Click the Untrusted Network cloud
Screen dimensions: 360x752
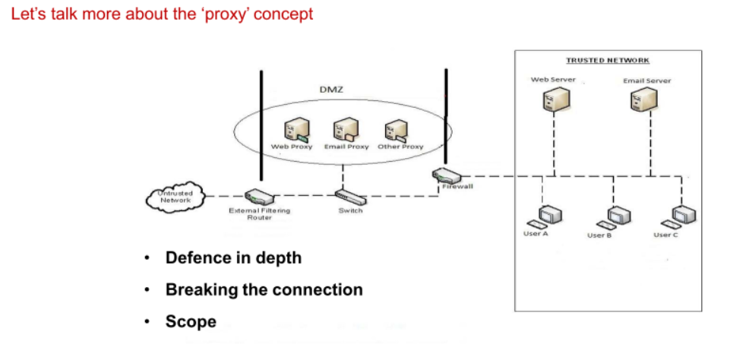(174, 197)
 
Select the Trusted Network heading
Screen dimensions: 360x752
(608, 60)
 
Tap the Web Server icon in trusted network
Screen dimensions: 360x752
(553, 99)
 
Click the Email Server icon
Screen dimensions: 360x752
(646, 99)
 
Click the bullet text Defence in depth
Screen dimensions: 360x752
(233, 258)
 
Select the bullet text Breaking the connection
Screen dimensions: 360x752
(264, 289)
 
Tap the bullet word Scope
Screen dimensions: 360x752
(191, 321)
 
